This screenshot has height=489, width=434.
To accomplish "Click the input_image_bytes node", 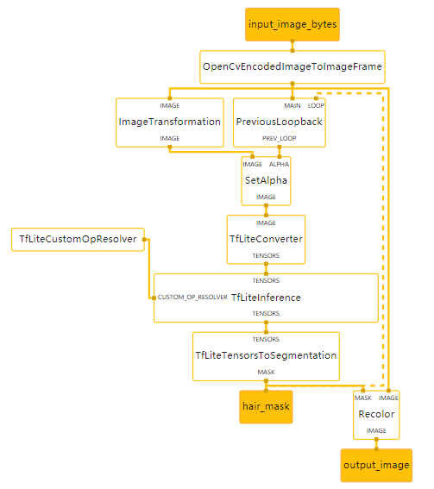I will [x=292, y=24].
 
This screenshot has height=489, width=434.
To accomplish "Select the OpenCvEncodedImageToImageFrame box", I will [x=292, y=66].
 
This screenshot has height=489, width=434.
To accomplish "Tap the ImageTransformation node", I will [x=170, y=122].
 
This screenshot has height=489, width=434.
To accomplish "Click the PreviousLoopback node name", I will [x=280, y=122].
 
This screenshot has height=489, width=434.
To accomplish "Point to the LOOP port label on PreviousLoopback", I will [x=317, y=105].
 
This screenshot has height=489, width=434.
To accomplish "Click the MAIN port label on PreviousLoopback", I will [x=293, y=105].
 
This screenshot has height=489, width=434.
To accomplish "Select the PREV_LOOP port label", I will [x=280, y=138].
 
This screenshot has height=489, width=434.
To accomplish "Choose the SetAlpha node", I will [x=266, y=180].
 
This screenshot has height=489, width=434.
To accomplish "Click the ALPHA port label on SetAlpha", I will [x=280, y=164].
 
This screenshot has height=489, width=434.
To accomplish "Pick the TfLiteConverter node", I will [x=266, y=239].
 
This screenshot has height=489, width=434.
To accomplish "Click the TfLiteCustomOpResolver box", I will [x=78, y=239].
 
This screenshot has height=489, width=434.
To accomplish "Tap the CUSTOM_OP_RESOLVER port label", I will [x=192, y=298].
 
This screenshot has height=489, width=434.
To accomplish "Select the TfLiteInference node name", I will [x=266, y=298].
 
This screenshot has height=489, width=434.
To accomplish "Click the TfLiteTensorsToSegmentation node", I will [x=266, y=355].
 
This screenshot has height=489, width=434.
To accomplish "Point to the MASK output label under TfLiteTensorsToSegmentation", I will [x=266, y=372].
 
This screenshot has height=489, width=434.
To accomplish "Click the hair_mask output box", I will [x=266, y=406].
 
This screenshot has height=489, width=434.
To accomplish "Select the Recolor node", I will [x=376, y=414].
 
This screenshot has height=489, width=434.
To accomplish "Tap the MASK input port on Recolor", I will [x=363, y=398].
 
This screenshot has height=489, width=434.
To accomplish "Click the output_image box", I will [x=376, y=465].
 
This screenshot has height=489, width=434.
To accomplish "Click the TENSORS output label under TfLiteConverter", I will [x=266, y=255].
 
